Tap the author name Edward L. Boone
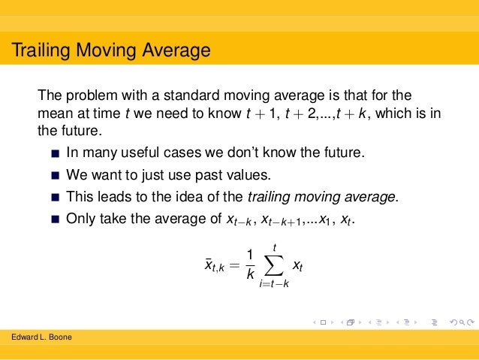(x=42, y=337)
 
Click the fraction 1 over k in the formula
(x=250, y=265)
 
